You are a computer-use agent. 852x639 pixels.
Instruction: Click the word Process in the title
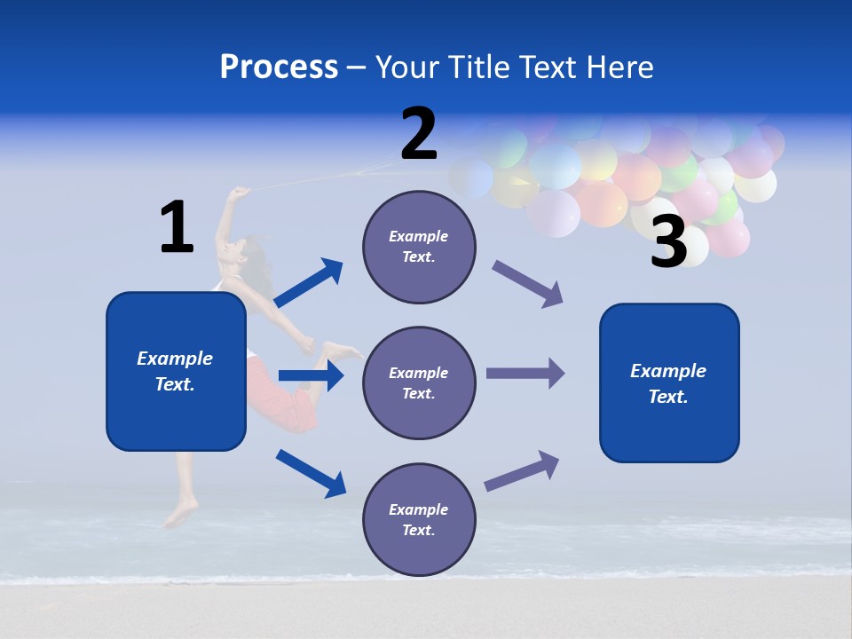279,67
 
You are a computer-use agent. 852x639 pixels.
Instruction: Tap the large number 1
177,227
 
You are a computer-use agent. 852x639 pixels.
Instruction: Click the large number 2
419,134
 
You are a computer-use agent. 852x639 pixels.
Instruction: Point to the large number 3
668,242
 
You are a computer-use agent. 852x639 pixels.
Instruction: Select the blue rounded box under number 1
176,371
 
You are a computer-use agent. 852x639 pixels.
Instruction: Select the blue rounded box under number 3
669,383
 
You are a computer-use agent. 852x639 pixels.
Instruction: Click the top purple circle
419,247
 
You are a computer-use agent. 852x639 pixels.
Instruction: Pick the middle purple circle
419,383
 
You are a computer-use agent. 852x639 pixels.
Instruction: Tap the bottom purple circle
419,520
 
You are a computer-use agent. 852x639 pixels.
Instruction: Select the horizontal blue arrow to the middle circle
311,375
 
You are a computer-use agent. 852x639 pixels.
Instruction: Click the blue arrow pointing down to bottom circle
311,472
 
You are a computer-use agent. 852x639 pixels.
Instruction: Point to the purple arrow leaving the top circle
528,284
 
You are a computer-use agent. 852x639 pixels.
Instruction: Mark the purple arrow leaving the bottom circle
522,471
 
